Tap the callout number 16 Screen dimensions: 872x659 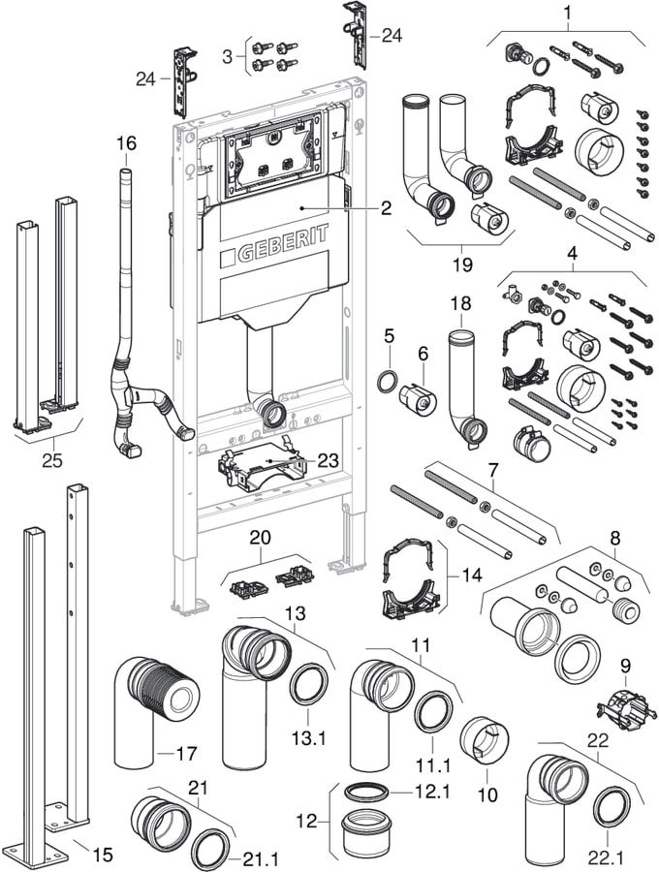[127, 143]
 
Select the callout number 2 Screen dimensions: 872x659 [386, 207]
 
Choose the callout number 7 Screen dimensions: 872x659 [493, 471]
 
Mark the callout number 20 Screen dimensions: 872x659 [260, 538]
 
